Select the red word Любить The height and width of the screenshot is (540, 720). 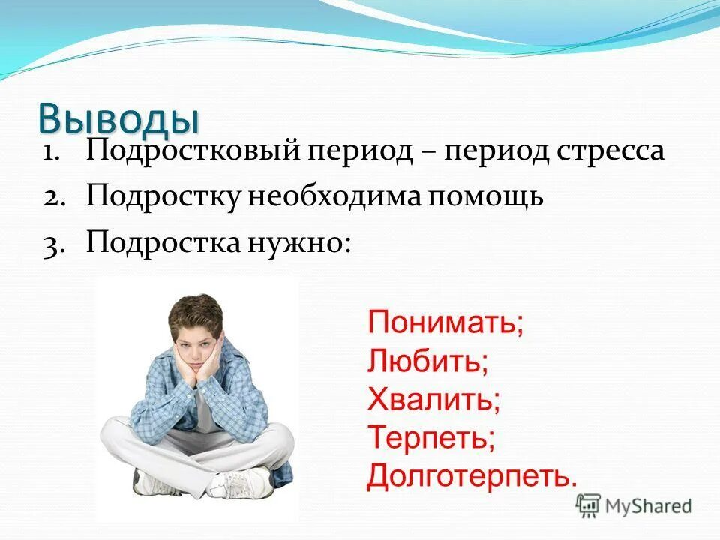(428, 361)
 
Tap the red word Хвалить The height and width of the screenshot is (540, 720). (433, 400)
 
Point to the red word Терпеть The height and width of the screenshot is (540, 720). (431, 437)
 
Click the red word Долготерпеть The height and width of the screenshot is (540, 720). (472, 475)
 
